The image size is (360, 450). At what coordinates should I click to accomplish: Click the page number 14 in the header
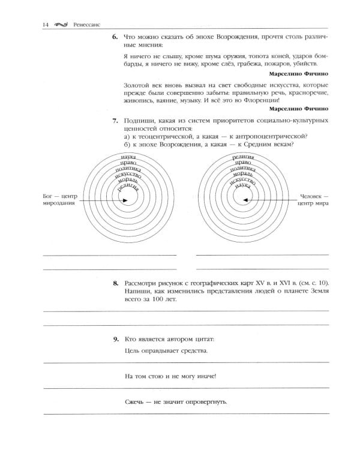pos(46,25)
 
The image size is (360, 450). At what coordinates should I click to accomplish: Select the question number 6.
pos(115,37)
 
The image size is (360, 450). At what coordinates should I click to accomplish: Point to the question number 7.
pos(115,121)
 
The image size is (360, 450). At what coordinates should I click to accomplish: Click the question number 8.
pos(115,283)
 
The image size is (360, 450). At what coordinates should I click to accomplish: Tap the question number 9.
pos(115,339)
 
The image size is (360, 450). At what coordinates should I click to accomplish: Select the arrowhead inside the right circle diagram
pos(247,200)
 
